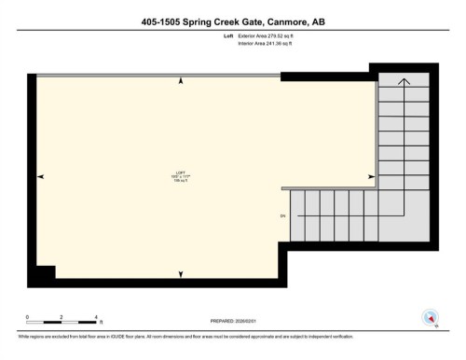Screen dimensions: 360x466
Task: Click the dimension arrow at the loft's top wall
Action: click(179, 84)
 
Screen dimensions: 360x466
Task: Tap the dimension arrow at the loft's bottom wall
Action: click(179, 272)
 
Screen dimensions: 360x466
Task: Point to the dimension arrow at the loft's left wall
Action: click(41, 175)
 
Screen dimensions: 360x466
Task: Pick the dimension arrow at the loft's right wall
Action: click(371, 175)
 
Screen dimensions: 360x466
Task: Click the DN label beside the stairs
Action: click(281, 216)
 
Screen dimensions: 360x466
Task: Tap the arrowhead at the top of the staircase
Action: click(403, 83)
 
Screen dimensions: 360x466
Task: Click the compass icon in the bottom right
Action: click(431, 317)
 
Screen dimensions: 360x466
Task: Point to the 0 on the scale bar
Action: click(28, 317)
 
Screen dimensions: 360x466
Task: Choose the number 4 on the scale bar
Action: click(98, 317)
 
